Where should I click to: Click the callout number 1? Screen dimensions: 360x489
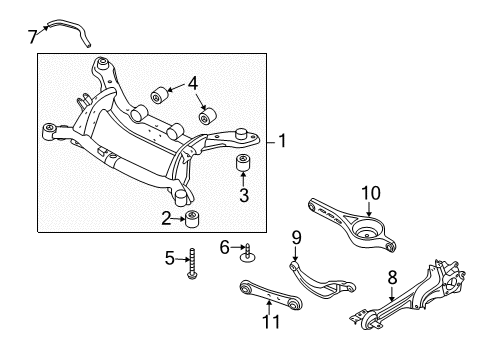[x=283, y=141]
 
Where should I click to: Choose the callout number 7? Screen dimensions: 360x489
[x=32, y=36]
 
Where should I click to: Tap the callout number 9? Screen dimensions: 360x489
[x=296, y=265]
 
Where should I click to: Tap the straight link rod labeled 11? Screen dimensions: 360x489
[x=268, y=299]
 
